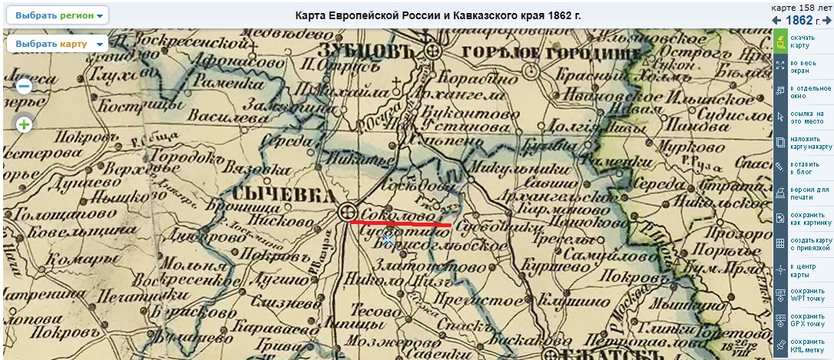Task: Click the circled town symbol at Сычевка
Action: (x=346, y=212)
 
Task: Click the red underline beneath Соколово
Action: (x=400, y=223)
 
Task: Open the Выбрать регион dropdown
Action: (x=59, y=15)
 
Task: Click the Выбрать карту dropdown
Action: (x=58, y=44)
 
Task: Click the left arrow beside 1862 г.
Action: (x=777, y=20)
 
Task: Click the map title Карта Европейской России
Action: (x=439, y=15)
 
